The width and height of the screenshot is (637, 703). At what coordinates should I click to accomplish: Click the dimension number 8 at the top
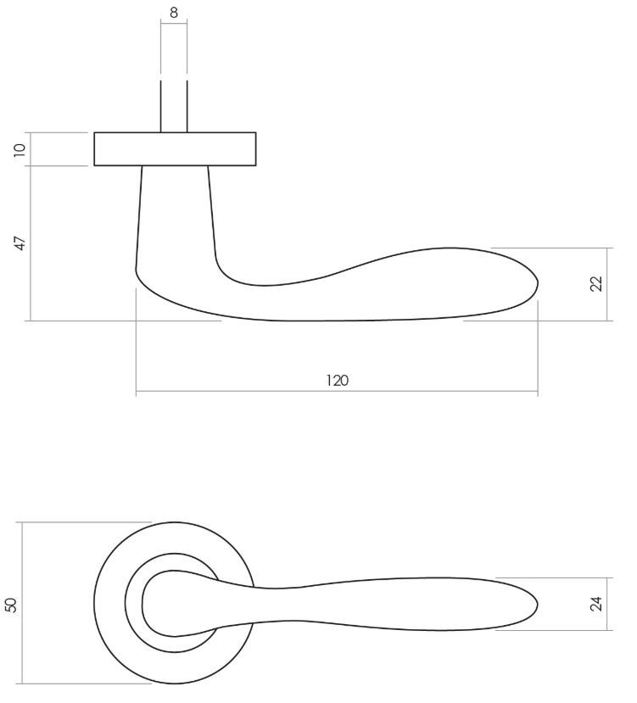pyautogui.click(x=174, y=13)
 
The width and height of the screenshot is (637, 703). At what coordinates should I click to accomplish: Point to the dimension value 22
pyautogui.click(x=595, y=284)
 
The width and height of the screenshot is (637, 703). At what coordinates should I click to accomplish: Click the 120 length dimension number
pyautogui.click(x=337, y=380)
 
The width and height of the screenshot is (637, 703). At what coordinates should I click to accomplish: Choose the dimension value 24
pyautogui.click(x=595, y=604)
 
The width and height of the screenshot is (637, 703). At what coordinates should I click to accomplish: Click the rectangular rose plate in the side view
pyautogui.click(x=175, y=149)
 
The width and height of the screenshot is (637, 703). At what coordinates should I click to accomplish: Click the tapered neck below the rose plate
pyautogui.click(x=175, y=212)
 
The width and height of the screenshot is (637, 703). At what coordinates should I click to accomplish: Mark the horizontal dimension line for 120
pyautogui.click(x=254, y=393)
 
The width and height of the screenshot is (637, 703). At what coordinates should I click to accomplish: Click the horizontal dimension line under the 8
pyautogui.click(x=174, y=25)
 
